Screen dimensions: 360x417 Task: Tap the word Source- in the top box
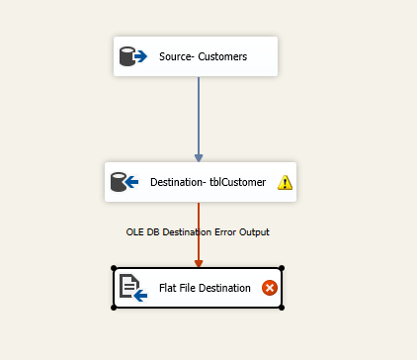tap(176, 57)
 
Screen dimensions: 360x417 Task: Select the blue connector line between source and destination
tap(199, 114)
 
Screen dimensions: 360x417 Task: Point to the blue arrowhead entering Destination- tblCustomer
tap(199, 156)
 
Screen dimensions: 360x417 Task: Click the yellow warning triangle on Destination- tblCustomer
tap(285, 182)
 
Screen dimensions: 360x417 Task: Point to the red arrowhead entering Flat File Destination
tap(199, 262)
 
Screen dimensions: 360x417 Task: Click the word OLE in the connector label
tap(136, 231)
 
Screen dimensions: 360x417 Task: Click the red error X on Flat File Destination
tap(269, 288)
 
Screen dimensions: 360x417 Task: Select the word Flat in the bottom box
tap(168, 288)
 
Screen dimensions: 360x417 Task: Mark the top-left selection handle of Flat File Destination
tap(115, 268)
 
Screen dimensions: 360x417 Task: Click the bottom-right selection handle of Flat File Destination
tap(282, 308)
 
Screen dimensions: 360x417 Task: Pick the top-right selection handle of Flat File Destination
tap(282, 268)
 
